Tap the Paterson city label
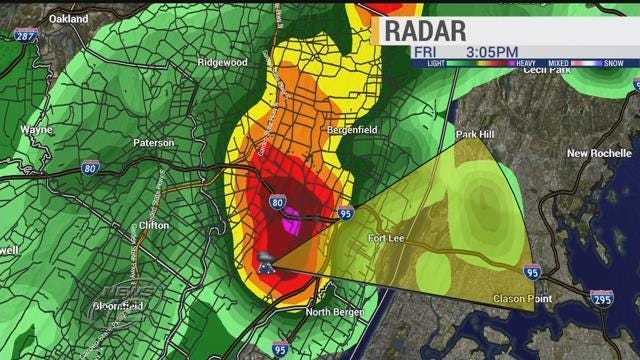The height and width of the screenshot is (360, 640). pyautogui.click(x=155, y=142)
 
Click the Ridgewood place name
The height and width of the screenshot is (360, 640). pyautogui.click(x=222, y=62)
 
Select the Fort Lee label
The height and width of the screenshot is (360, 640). pyautogui.click(x=385, y=238)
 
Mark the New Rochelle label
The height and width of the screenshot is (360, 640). pyautogui.click(x=599, y=153)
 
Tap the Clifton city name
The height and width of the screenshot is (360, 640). pyautogui.click(x=154, y=226)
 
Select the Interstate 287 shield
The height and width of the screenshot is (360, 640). pyautogui.click(x=26, y=35)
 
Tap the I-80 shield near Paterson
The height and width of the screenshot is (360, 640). pyautogui.click(x=90, y=166)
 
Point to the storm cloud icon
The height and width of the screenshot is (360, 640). pyautogui.click(x=267, y=263)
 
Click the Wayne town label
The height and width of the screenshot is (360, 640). pyautogui.click(x=36, y=130)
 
